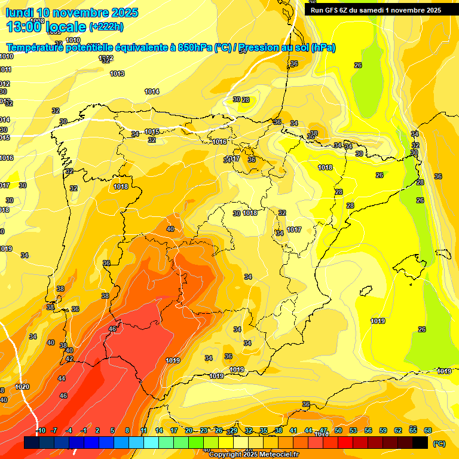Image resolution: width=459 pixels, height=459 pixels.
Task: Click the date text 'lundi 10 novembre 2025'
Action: click(x=72, y=13)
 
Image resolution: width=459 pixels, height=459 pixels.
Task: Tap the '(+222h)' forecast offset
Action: click(x=106, y=26)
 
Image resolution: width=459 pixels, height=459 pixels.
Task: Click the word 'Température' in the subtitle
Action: click(x=36, y=48)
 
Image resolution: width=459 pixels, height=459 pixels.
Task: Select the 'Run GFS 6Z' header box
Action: click(x=374, y=10)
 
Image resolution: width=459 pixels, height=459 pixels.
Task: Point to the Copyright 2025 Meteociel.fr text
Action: click(x=253, y=455)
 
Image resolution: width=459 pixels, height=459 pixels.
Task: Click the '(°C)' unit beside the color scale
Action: click(x=439, y=443)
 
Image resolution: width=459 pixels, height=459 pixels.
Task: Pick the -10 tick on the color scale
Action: click(x=41, y=430)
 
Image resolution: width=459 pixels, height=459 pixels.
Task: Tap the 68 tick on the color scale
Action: click(x=428, y=430)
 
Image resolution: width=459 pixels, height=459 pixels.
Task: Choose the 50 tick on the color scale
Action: click(x=338, y=430)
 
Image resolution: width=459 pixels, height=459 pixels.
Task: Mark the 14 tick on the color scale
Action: click(x=159, y=430)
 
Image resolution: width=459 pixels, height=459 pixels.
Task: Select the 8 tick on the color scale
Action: click(x=127, y=430)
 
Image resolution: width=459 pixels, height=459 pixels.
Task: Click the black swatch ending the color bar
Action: click(x=420, y=442)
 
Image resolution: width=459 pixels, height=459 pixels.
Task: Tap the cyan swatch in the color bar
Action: click(x=151, y=442)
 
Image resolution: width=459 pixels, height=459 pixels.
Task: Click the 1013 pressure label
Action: click(x=117, y=74)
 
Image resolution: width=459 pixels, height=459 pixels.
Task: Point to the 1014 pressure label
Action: click(x=152, y=91)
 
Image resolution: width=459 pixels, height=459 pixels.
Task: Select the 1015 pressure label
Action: click(x=152, y=131)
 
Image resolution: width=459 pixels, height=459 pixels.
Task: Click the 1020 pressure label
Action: click(x=22, y=387)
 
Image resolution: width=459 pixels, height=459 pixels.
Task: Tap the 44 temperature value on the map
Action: click(x=62, y=378)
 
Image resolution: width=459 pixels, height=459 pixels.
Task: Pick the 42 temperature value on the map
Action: click(x=69, y=359)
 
